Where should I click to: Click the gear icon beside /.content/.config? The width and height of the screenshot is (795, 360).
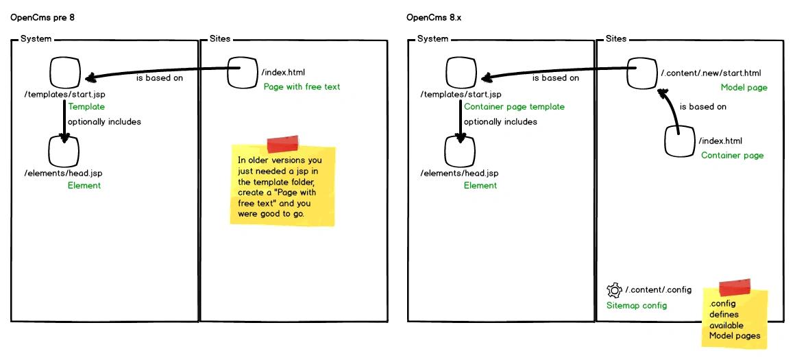[x=614, y=290]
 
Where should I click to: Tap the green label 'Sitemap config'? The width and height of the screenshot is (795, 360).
[x=637, y=305]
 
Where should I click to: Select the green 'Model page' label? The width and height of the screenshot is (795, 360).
[x=744, y=88]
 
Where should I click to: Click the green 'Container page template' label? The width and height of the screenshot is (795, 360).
[x=514, y=106]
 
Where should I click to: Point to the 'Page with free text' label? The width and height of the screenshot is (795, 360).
[x=302, y=86]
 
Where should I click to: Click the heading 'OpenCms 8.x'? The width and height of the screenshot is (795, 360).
[x=434, y=18]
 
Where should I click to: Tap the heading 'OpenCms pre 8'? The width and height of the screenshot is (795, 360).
[x=42, y=18]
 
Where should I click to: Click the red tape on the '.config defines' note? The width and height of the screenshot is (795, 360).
[x=735, y=287]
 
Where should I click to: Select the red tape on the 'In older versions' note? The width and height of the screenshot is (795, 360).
[x=283, y=144]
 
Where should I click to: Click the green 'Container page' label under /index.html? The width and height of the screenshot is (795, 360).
[x=732, y=155]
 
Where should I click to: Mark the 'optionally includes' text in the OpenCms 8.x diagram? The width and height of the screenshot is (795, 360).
[x=500, y=121]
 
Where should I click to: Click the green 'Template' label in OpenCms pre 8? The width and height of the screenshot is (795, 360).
[x=86, y=106]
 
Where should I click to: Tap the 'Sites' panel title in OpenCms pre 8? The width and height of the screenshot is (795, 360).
[x=220, y=38]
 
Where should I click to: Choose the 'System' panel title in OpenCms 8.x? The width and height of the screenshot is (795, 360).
[x=432, y=38]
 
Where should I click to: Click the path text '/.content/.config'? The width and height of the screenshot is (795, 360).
[x=658, y=289]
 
